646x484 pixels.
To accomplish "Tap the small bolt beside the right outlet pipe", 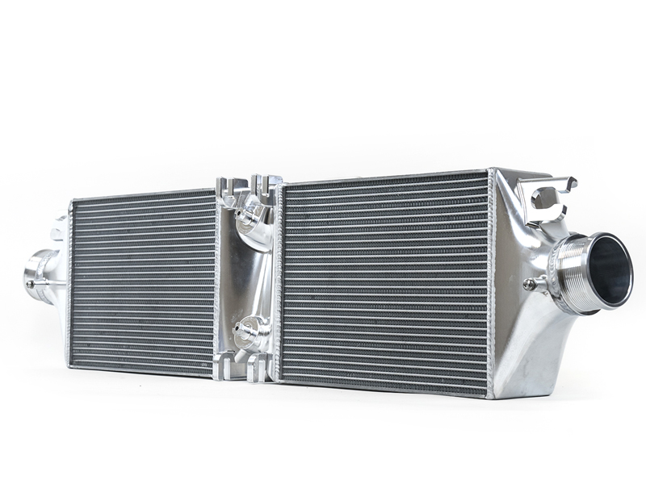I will tap(530, 284).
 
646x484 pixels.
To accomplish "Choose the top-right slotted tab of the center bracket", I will tap(266, 184).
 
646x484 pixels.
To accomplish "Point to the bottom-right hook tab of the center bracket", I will tap(260, 370).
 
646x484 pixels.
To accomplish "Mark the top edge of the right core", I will tap(384, 178).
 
